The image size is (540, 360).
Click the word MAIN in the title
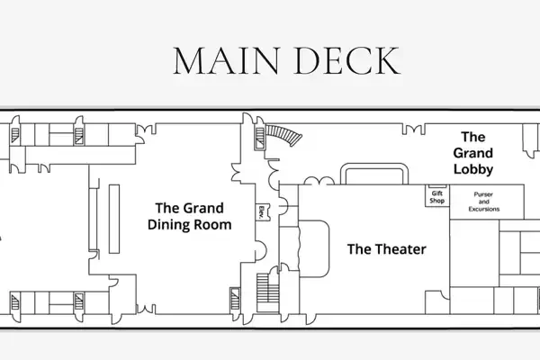pos(226,61)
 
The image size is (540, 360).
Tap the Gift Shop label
pos(437,197)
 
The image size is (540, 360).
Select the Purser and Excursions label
pos(484,202)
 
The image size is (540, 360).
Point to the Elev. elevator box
pos(263,211)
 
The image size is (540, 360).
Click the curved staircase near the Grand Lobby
pos(284,135)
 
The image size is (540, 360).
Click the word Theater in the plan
pos(400,249)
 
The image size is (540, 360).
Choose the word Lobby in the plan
pos(473,169)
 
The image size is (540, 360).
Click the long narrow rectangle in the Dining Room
pos(114,219)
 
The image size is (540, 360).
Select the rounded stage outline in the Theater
pos(314,248)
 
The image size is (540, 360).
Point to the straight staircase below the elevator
pos(267,292)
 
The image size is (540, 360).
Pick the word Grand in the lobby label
pos(473,153)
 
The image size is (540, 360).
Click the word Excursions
pos(484,209)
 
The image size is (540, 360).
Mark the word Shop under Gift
pos(437,201)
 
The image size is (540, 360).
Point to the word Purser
pos(483,194)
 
